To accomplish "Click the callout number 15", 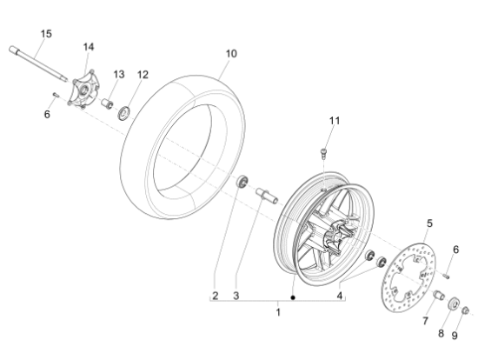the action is tap(46, 34).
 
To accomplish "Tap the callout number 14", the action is tap(89, 47).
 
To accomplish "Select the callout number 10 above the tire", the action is tap(231, 54).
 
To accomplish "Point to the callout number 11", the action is tap(335, 121).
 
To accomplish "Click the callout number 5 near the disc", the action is tap(429, 223).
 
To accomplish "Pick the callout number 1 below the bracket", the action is tap(278, 312).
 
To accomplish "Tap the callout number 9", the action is tap(455, 336).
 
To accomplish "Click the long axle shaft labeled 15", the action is tap(38, 64).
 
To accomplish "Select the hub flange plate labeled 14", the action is tap(83, 89).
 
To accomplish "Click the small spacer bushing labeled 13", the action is tap(107, 103).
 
